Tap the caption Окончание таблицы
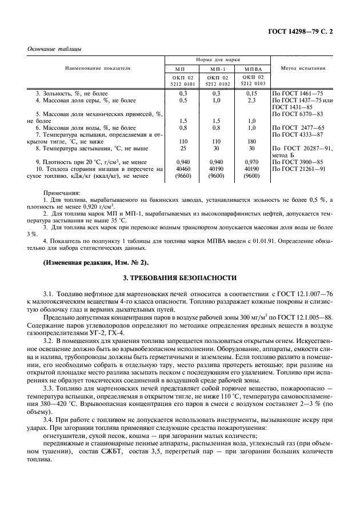54,49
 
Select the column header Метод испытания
303,68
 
